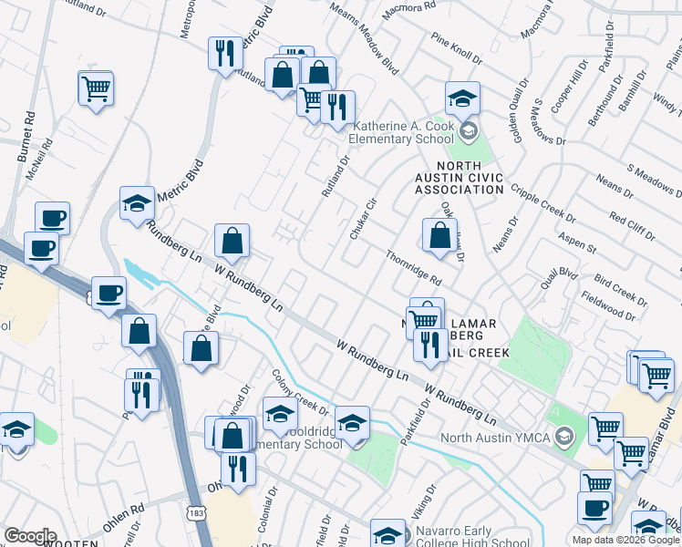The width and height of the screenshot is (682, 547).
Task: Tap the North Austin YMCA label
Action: pyautogui.click(x=495, y=438)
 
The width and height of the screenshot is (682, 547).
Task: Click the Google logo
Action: pyautogui.click(x=30, y=536)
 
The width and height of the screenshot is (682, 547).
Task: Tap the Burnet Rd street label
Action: pyautogui.click(x=26, y=138)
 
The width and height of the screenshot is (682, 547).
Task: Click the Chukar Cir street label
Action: pyautogui.click(x=363, y=219)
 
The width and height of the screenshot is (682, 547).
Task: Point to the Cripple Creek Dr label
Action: pyautogui.click(x=542, y=204)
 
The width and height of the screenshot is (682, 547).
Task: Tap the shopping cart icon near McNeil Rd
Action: pyautogui.click(x=96, y=89)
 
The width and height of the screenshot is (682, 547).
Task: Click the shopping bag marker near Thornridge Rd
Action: pyautogui.click(x=439, y=235)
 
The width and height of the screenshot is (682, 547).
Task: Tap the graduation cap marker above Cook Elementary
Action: pyautogui.click(x=462, y=98)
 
